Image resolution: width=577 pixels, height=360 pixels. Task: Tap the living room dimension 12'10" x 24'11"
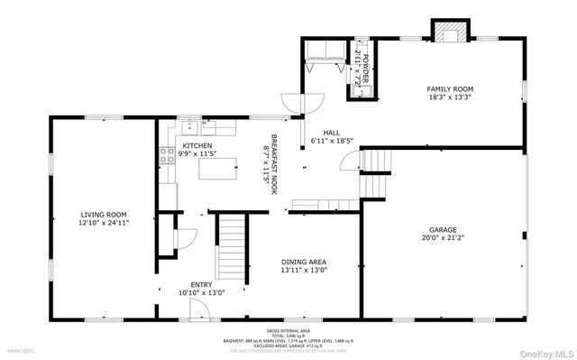tap(105, 222)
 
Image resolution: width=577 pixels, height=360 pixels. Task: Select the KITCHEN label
tap(197, 145)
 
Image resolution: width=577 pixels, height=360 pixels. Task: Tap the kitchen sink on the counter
tap(191, 127)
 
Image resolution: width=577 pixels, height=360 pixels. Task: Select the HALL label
tap(332, 133)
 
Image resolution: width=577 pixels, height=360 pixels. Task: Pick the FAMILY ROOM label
tap(450, 88)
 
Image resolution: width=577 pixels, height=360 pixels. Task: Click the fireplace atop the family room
tap(452, 33)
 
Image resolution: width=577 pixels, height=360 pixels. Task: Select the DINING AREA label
tap(304, 261)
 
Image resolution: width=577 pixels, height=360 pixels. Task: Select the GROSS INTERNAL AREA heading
tap(288, 330)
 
